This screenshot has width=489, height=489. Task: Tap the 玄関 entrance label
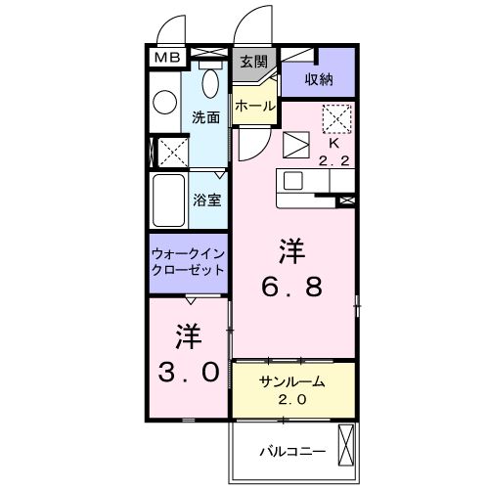tap(254, 61)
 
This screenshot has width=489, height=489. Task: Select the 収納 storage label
tap(318, 79)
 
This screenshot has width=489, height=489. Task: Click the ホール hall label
tap(254, 105)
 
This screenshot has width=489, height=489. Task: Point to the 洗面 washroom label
tap(205, 115)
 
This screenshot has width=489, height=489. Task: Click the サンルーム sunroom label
tap(291, 381)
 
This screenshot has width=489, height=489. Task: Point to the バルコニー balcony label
tap(290, 451)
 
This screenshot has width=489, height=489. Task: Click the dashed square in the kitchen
tap(335, 118)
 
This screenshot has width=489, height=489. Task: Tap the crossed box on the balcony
tap(345, 447)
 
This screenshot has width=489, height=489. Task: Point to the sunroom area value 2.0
tap(291, 399)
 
